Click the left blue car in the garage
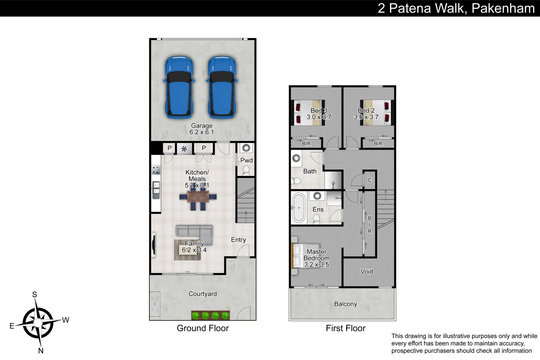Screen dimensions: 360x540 coord(179,88)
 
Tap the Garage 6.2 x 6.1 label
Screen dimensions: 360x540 coord(202,129)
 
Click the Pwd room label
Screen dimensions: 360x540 coord(246,160)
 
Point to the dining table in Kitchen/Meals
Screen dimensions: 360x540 coord(198,197)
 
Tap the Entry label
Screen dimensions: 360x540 coord(238,240)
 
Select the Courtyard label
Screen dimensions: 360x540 coord(202,294)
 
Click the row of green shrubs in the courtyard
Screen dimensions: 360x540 coord(210,315)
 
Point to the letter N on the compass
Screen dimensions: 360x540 coord(41,351)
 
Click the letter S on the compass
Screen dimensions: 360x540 coord(35,295)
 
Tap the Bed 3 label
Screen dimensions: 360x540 coord(319,111)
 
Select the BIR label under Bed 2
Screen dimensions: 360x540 coord(378,144)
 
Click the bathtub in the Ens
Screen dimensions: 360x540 coord(299,208)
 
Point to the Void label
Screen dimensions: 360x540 coord(366,272)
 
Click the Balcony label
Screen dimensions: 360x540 coord(345,304)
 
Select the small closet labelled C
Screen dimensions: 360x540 coord(370,180)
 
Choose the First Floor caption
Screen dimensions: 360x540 coord(345,328)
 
